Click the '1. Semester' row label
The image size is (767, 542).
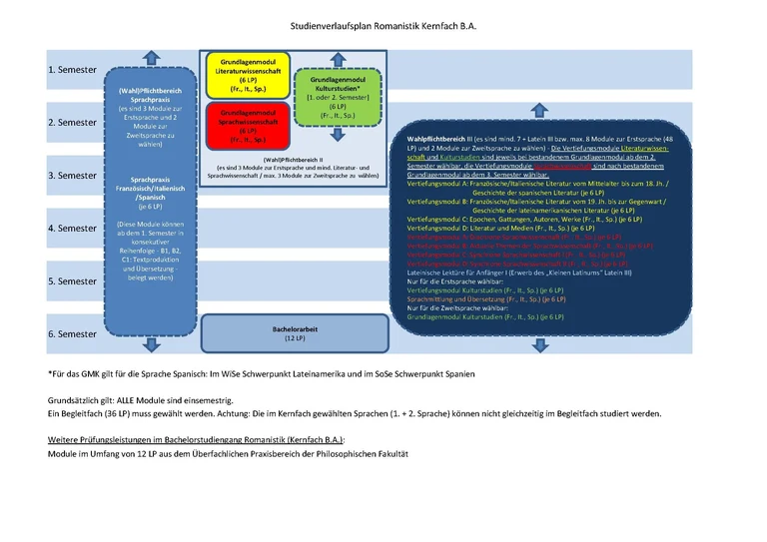click(x=72, y=70)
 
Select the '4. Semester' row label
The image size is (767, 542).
click(x=72, y=229)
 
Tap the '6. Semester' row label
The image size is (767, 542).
click(x=72, y=334)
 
